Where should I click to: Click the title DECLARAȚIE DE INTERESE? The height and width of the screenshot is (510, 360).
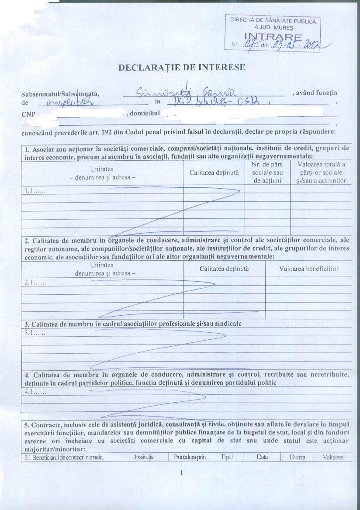click(182, 68)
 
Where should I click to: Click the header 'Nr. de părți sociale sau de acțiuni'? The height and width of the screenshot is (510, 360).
click(267, 172)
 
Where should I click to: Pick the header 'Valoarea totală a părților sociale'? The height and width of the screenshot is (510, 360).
click(321, 172)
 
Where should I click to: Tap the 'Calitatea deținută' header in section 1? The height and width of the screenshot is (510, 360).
click(214, 172)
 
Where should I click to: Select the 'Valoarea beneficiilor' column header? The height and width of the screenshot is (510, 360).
click(308, 269)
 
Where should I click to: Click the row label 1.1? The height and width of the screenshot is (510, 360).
click(34, 190)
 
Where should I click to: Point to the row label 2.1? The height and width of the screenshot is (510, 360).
click(35, 283)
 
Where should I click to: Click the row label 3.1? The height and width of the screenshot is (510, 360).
click(35, 333)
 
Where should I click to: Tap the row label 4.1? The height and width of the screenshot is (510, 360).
click(35, 392)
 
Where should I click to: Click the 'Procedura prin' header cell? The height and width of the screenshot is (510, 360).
click(189, 457)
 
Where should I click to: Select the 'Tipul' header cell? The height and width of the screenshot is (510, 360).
click(226, 457)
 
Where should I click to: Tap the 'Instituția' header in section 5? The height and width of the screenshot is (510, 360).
click(144, 457)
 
